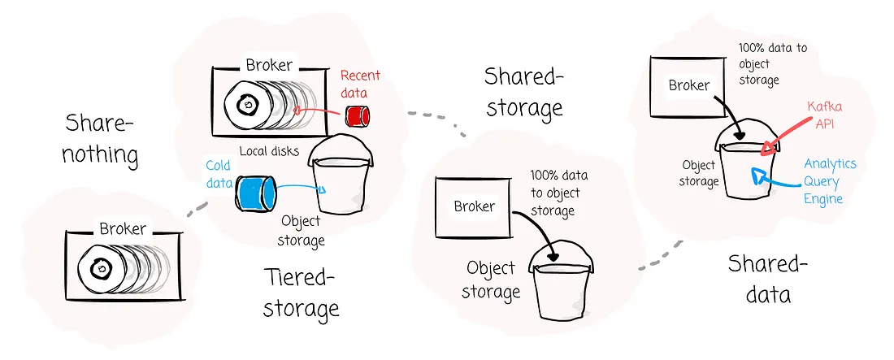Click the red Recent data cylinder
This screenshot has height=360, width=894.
tap(355, 116)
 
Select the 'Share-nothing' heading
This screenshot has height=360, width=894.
tap(100, 137)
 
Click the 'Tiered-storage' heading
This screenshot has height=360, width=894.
tap(302, 293)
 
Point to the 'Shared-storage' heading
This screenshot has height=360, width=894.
tap(523, 91)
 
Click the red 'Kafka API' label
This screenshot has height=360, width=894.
tap(822, 116)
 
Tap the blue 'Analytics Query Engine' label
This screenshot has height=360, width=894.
tap(829, 181)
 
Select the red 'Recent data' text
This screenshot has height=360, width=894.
tap(359, 83)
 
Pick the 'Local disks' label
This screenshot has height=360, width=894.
tap(269, 151)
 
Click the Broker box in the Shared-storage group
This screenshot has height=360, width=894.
tap(474, 206)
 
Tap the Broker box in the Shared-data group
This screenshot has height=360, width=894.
tap(689, 85)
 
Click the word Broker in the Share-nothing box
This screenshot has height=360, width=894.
tap(123, 229)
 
